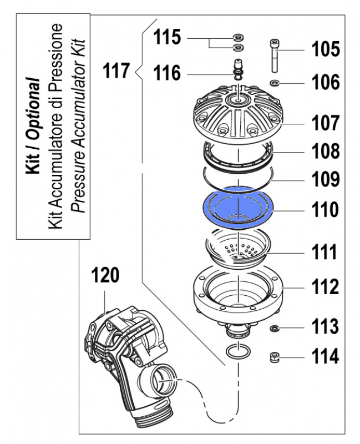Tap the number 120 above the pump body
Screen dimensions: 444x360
click(105, 275)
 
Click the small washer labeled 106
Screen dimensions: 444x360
click(275, 83)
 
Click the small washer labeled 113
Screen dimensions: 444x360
click(274, 329)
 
